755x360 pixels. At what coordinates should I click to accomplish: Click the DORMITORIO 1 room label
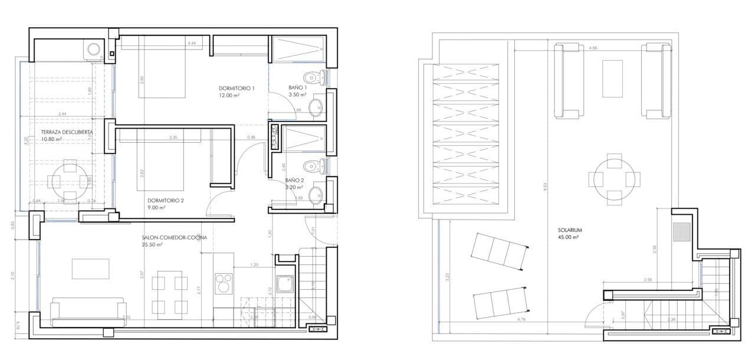[x=236, y=88]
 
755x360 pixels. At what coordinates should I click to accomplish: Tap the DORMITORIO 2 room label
[x=166, y=200]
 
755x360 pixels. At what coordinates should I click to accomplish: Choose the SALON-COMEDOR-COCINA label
[x=174, y=238]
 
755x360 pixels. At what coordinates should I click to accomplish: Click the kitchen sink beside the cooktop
[x=284, y=283]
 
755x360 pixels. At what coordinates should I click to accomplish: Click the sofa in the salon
[x=88, y=312]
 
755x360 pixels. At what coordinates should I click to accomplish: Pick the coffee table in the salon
[x=90, y=269]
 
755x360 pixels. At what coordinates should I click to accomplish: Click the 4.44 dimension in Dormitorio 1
[x=192, y=44]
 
